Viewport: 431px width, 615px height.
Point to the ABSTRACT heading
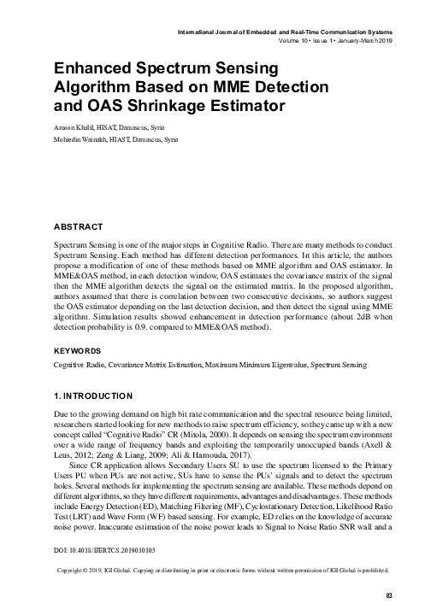coord(79,228)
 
